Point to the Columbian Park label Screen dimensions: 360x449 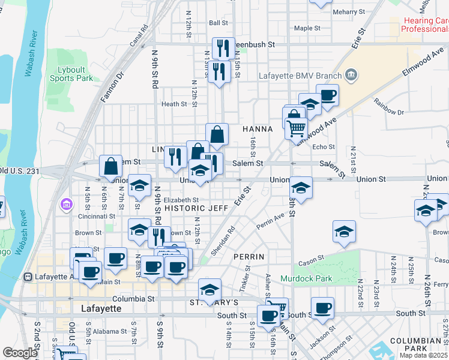(415, 346)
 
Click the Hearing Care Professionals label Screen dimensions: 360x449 (425, 25)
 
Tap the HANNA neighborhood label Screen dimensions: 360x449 (258, 129)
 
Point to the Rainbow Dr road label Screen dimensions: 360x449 (388, 111)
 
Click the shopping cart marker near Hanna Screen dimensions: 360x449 (296, 128)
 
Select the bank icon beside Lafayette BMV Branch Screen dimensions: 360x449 (351, 76)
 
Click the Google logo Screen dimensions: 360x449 (20, 353)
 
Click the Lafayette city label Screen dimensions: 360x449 (100, 308)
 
